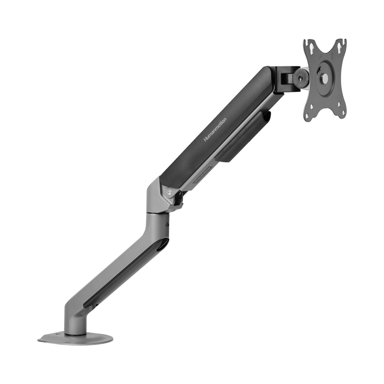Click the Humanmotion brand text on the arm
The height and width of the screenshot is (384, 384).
(x=215, y=130)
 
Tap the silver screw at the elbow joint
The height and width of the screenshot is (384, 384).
(x=169, y=192)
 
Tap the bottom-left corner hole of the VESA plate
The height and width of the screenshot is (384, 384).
(x=308, y=117)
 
